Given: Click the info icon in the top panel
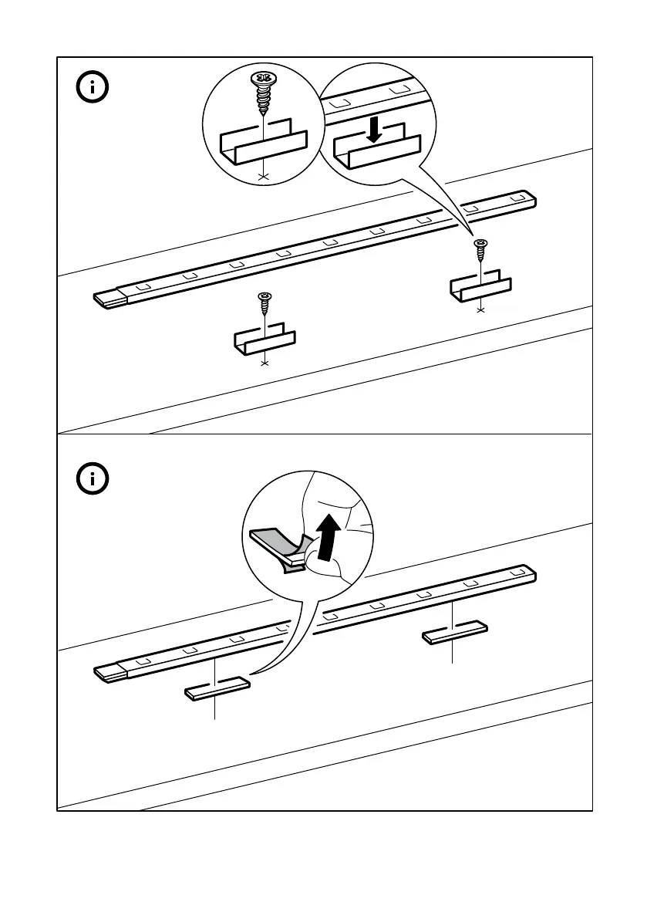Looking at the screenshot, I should click(x=95, y=87).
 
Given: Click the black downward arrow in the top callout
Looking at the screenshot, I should click(x=375, y=129).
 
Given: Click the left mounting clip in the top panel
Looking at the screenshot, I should click(x=265, y=339).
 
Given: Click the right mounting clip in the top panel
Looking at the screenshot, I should click(x=480, y=286).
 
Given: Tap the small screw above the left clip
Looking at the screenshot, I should click(x=265, y=302).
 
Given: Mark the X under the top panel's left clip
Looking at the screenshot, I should click(x=265, y=362).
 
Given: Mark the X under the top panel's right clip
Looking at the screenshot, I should click(x=481, y=309).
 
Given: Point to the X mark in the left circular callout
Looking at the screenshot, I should click(x=264, y=177).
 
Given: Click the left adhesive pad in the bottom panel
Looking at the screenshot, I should click(x=217, y=688).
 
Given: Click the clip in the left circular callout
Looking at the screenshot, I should click(x=264, y=144).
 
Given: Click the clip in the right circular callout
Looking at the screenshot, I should click(x=376, y=150).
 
